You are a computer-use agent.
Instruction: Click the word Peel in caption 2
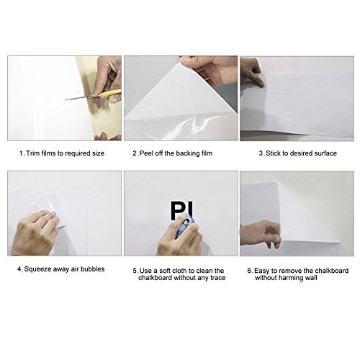(x=147, y=153)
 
